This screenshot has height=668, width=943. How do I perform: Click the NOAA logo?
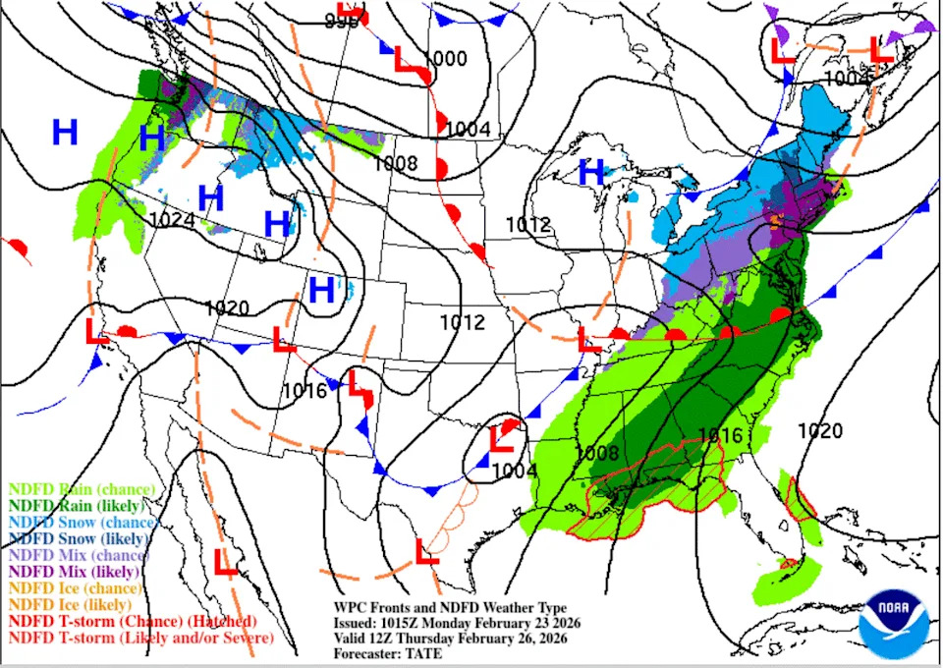893,622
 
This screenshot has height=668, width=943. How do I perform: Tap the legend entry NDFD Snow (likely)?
79,538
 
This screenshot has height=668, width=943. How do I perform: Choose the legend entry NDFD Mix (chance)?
75,555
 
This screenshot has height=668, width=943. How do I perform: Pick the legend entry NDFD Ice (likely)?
70,604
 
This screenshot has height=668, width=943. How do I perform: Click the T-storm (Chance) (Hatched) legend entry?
133,621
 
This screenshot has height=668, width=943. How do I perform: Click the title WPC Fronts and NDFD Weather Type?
449,609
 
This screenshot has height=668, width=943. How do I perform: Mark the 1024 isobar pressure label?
173,219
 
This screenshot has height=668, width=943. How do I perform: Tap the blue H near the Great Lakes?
591,172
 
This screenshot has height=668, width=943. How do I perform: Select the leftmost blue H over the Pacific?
65,132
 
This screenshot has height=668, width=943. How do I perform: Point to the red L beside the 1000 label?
406,60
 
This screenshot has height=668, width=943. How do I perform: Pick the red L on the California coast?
96,331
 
